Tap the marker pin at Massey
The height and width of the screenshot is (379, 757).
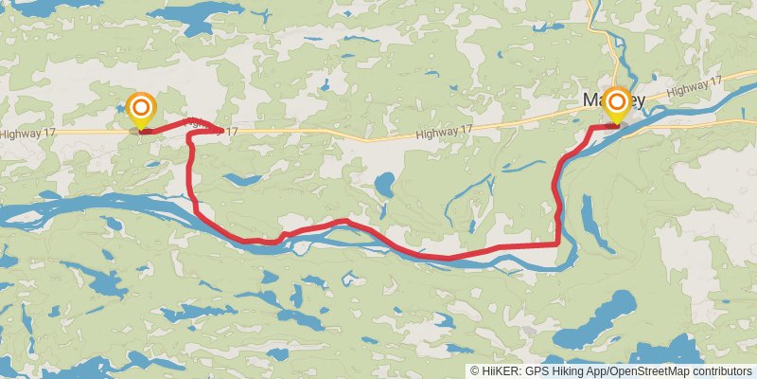click(x=617, y=104)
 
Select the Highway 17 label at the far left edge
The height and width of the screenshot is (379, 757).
click(x=27, y=134)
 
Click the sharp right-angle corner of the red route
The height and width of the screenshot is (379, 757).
click(x=557, y=243)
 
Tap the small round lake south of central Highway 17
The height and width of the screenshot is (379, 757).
click(x=385, y=183)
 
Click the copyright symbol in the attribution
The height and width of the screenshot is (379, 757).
click(x=474, y=371)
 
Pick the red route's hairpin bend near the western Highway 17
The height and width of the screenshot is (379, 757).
click(x=190, y=136)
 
